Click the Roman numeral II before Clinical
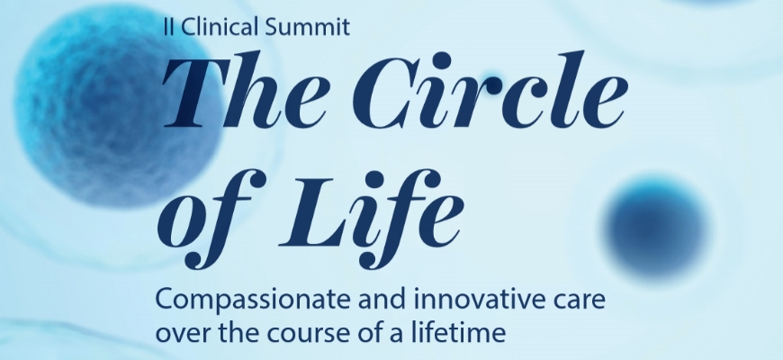tap(169, 26)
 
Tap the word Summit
tap(307, 26)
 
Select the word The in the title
tap(245, 90)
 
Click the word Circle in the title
tap(490, 90)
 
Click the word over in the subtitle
tap(184, 334)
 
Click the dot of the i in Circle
tap(443, 61)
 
